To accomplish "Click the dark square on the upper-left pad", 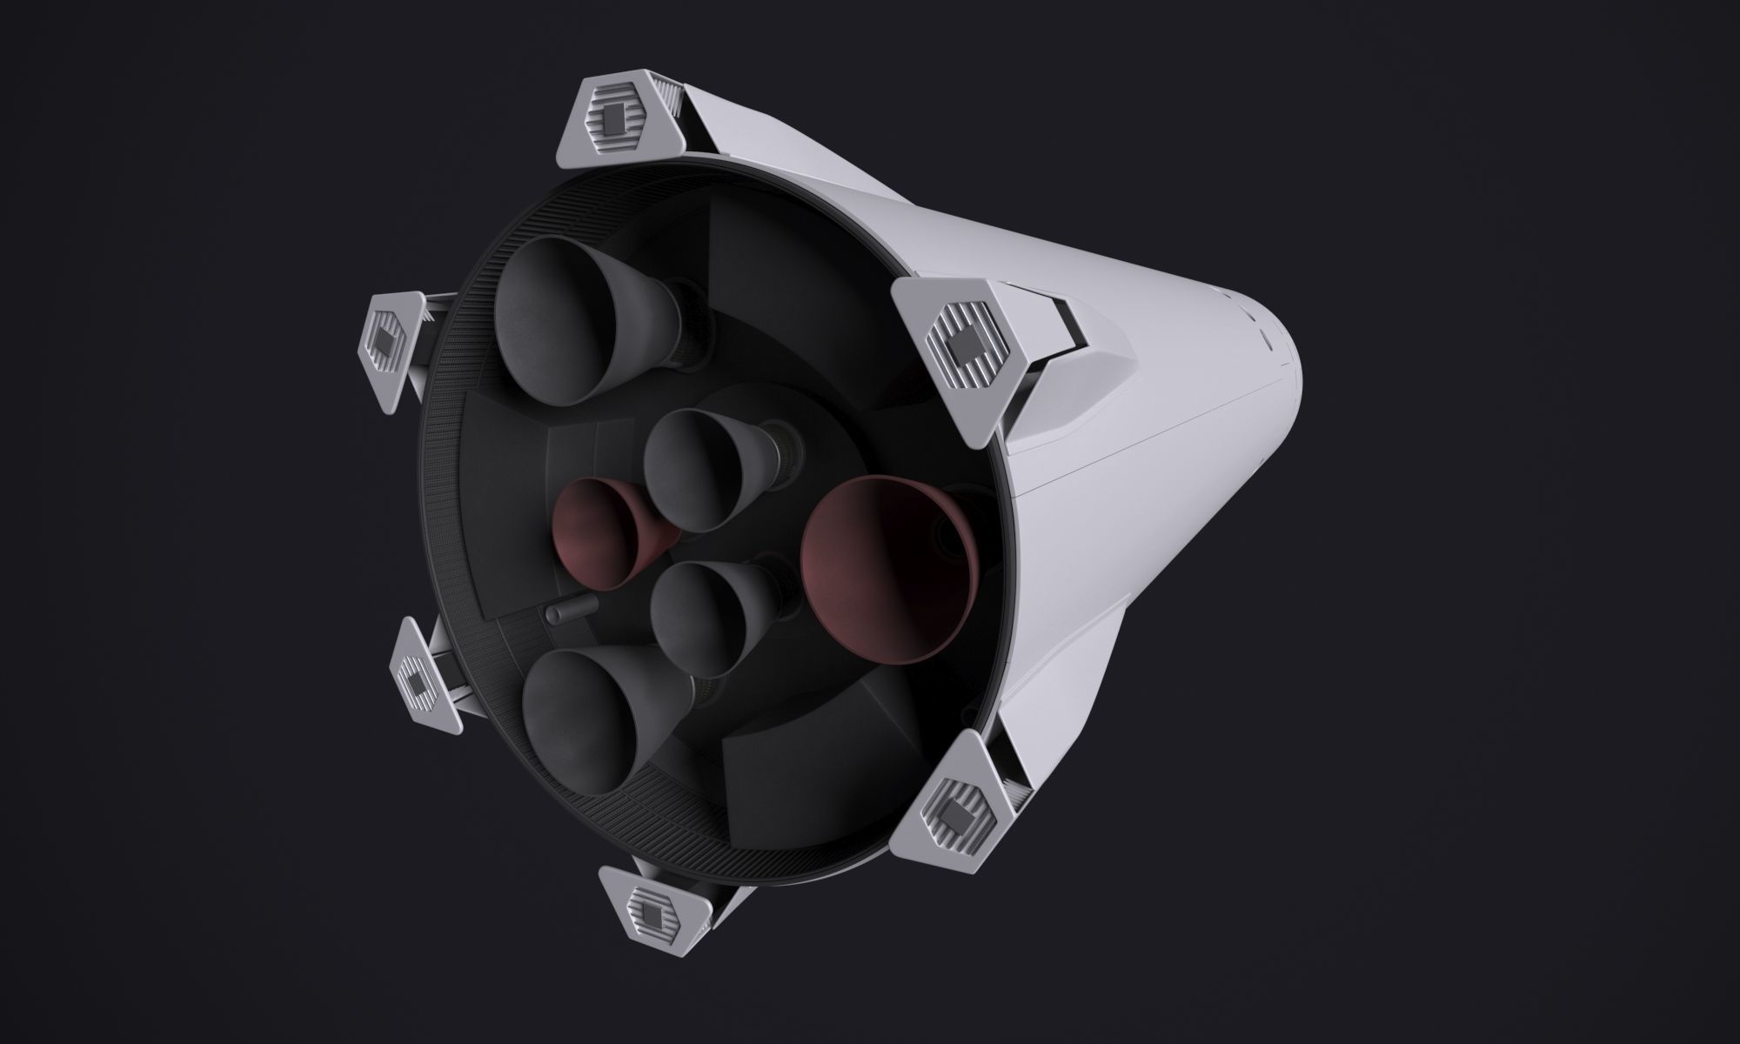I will (384, 341).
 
